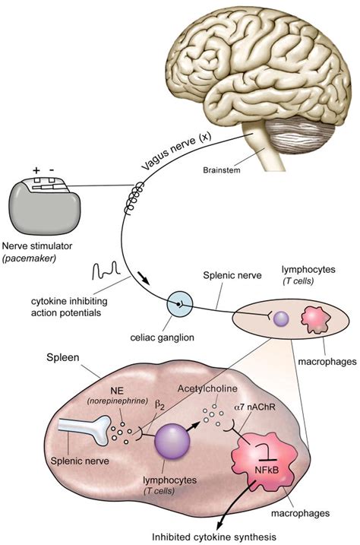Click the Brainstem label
(223, 172)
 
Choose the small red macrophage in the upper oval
(314, 317)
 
